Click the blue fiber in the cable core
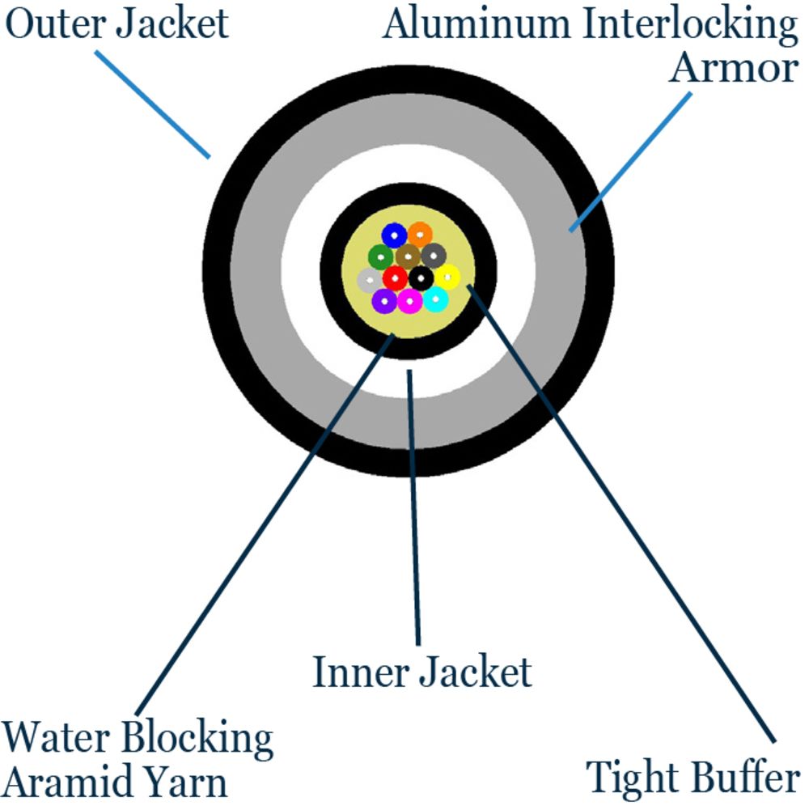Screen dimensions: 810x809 coord(394,235)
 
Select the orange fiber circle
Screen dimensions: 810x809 coord(420,235)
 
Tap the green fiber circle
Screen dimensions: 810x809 coord(381,257)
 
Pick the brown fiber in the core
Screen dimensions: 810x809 coord(408,257)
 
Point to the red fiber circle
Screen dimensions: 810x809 coord(395,278)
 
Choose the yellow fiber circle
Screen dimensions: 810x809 coord(447,277)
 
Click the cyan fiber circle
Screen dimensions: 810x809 coord(435,299)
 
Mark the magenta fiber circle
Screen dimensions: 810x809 coord(409,301)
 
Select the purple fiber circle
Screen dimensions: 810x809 coord(384,301)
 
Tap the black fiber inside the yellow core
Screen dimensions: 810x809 coord(421,278)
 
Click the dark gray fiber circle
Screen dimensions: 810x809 coord(434,256)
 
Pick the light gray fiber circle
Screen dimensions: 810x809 coord(369,280)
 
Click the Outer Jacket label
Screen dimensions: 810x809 coord(118,24)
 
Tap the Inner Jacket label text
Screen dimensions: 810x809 coord(422,672)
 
